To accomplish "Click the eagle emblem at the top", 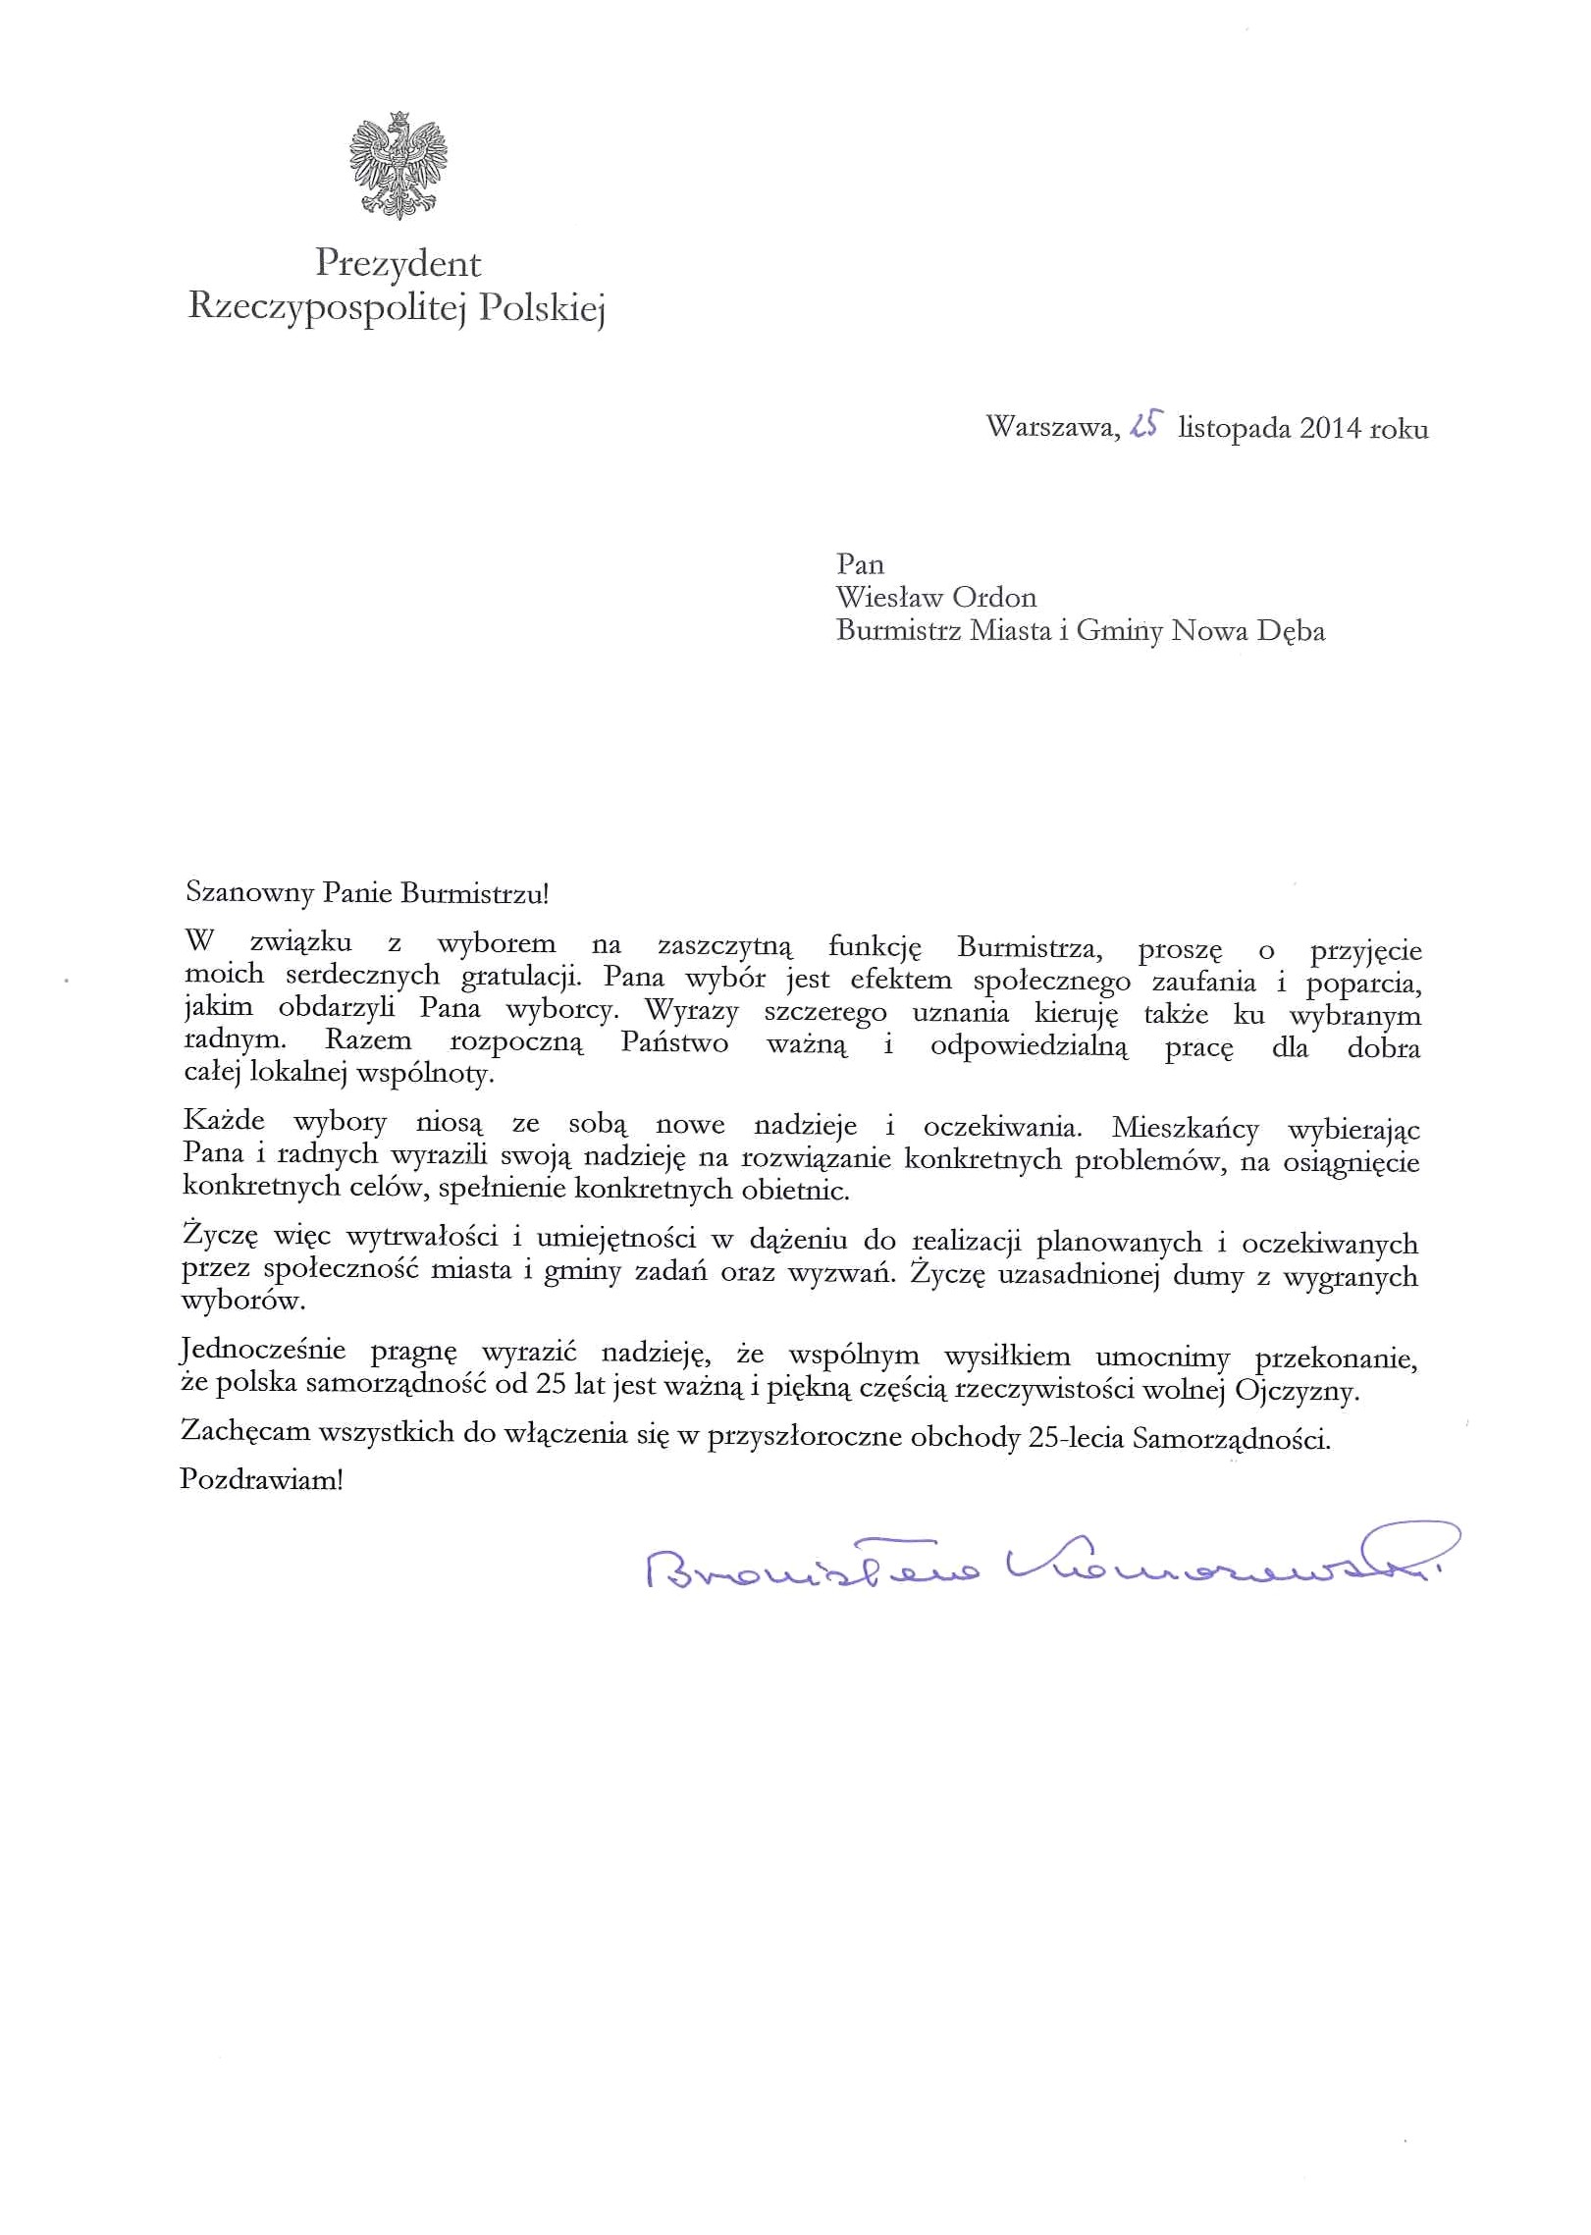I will (x=398, y=164).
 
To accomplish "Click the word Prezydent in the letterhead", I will (x=398, y=263).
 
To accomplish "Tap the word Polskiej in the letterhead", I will (x=541, y=308).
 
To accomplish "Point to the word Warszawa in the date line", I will (x=1051, y=428).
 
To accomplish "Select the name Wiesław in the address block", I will (x=888, y=597).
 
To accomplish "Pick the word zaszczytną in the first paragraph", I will (x=724, y=945).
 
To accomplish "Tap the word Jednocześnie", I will (x=263, y=1352).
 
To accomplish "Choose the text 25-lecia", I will (x=1076, y=1439).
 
